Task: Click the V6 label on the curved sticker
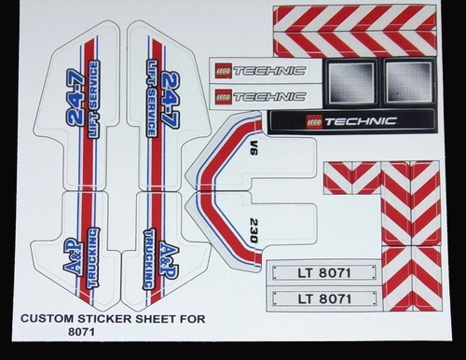pyautogui.click(x=254, y=148)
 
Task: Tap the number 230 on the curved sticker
pyautogui.click(x=254, y=230)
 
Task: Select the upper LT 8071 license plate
pyautogui.click(x=324, y=273)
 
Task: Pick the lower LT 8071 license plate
pyautogui.click(x=324, y=298)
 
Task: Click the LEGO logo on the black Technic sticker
pyautogui.click(x=314, y=121)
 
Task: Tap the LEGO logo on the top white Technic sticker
pyautogui.click(x=223, y=72)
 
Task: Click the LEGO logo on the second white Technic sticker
pyautogui.click(x=223, y=97)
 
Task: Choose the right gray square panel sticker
pyautogui.click(x=409, y=81)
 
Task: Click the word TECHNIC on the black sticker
pyautogui.click(x=361, y=121)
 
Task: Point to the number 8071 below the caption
pyautogui.click(x=81, y=332)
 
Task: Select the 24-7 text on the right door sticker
pyautogui.click(x=171, y=100)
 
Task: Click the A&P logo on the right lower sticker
pyautogui.click(x=169, y=260)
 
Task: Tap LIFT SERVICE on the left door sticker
pyautogui.click(x=93, y=99)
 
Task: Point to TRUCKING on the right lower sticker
pyautogui.click(x=150, y=259)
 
